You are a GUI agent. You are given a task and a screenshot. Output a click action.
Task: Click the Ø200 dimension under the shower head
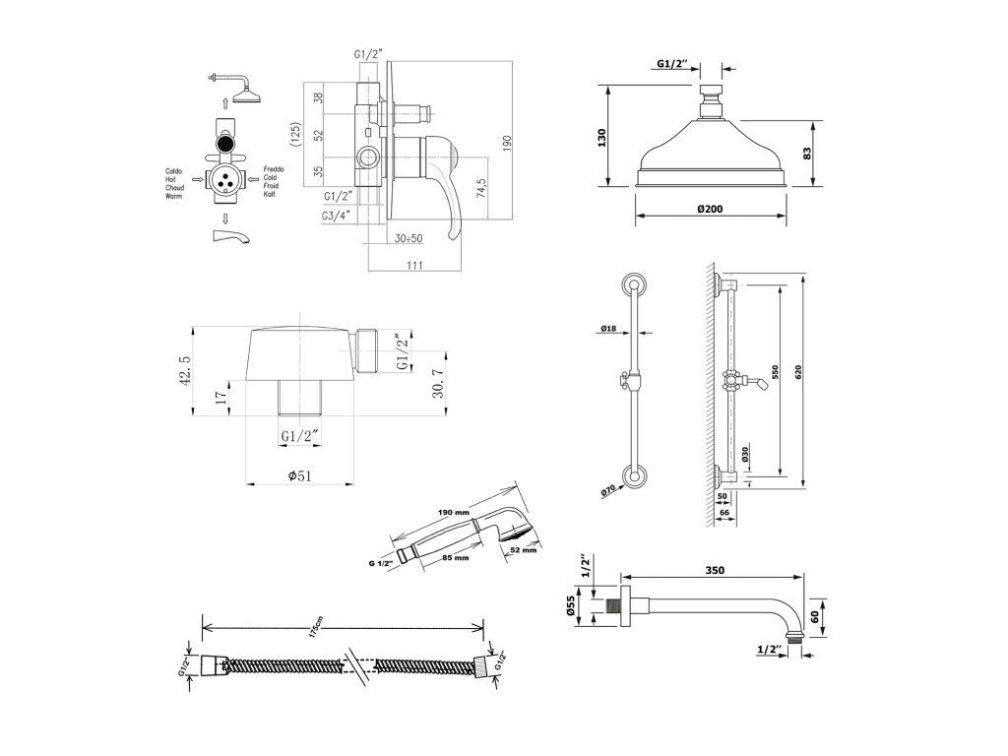point(709,210)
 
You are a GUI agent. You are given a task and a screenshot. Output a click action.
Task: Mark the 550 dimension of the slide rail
point(775,374)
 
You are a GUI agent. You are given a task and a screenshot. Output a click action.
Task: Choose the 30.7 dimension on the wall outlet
point(437,382)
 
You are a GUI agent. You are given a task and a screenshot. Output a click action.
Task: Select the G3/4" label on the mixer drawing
point(338,216)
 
